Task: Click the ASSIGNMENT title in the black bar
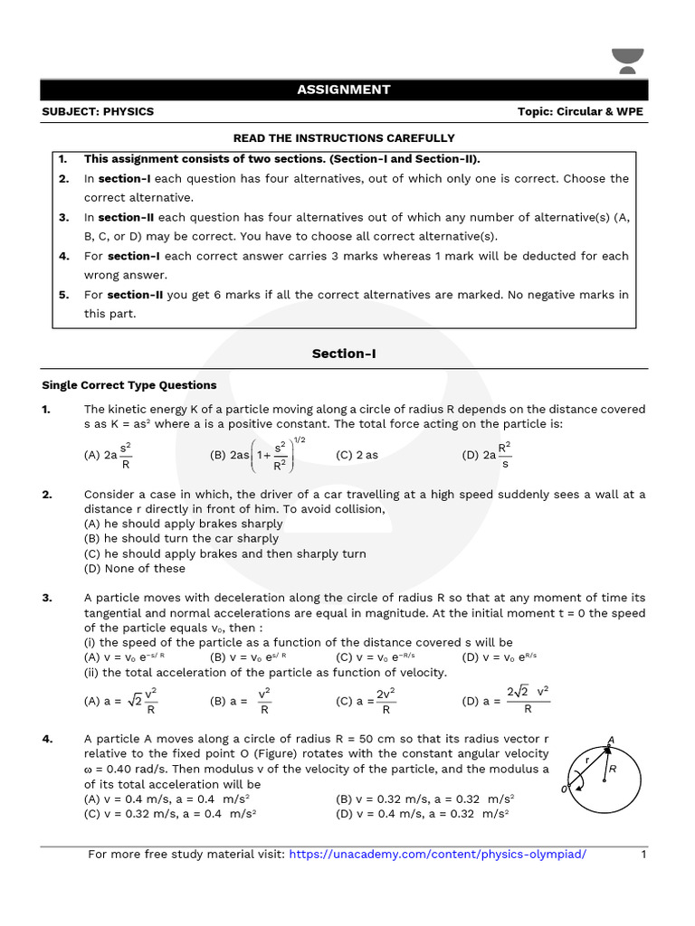point(344,90)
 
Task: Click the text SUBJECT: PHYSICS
point(98,112)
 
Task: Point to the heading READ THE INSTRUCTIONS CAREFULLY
point(344,138)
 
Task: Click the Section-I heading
point(344,354)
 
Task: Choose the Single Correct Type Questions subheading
point(129,385)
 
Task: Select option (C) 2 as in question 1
point(357,455)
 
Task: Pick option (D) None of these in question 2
point(135,569)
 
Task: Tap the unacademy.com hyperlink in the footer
point(437,855)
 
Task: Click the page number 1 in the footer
point(643,855)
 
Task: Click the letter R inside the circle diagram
point(613,769)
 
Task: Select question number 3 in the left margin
point(47,599)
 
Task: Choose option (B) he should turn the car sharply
point(181,539)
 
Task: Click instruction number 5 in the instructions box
point(63,295)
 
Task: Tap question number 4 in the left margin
point(47,740)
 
